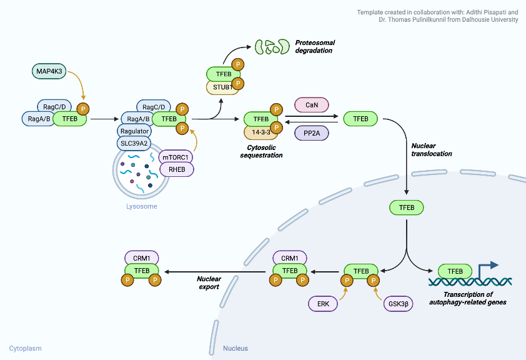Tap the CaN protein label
click(x=311, y=105)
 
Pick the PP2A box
click(x=311, y=132)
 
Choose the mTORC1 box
click(x=176, y=157)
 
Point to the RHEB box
click(x=176, y=169)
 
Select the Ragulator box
click(x=134, y=131)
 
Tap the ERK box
click(x=323, y=303)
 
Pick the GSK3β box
click(x=399, y=303)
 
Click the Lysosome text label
click(x=141, y=206)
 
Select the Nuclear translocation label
click(x=431, y=149)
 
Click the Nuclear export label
click(x=209, y=282)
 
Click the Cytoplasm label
click(x=25, y=348)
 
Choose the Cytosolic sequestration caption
click(x=261, y=151)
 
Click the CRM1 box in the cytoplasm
click(x=141, y=257)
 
